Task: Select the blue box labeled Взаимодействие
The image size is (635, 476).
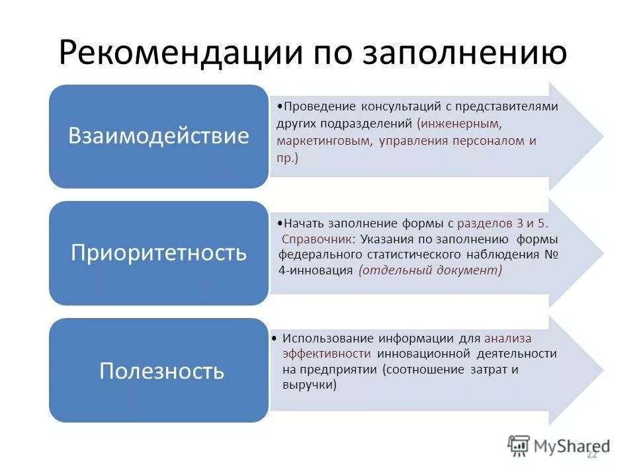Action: (159, 136)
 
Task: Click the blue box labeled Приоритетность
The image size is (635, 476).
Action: (159, 253)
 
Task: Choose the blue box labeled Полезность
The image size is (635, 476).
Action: (159, 370)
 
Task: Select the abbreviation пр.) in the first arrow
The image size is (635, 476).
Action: (288, 158)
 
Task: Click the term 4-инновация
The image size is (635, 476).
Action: (316, 271)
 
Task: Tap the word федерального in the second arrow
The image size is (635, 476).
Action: (319, 255)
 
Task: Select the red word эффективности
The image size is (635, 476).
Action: (327, 354)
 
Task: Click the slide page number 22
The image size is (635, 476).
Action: (591, 454)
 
